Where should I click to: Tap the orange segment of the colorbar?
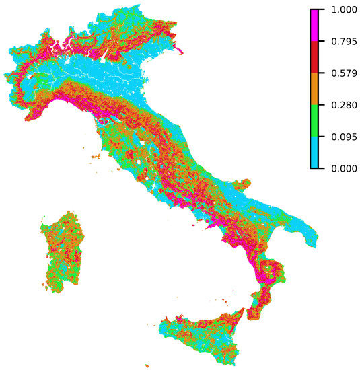pos(314,88)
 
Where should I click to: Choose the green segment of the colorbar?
pos(314,120)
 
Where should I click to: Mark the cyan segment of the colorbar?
pos(314,152)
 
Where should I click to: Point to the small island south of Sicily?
pos(146,366)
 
